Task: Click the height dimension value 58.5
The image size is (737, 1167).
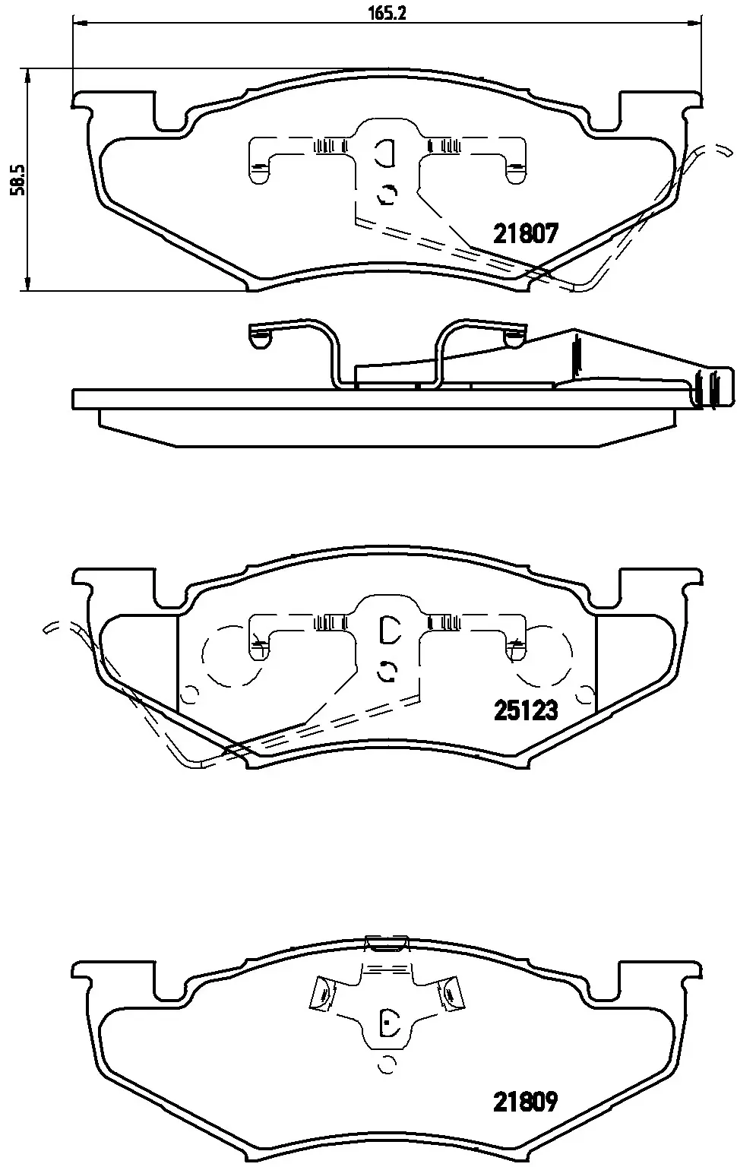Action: click(16, 179)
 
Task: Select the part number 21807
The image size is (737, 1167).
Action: click(526, 233)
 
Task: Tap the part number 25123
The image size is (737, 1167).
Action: click(526, 710)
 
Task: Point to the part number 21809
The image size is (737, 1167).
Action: click(526, 1101)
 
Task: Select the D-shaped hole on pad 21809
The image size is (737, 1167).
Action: click(389, 1023)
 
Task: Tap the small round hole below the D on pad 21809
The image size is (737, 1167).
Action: click(387, 1064)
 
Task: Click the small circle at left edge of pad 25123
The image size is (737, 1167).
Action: click(190, 694)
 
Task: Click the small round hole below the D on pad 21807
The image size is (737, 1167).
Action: click(387, 194)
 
